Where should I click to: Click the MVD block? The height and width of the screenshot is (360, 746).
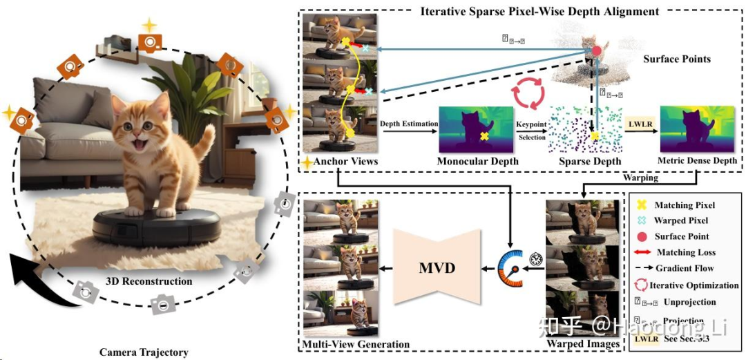(x=437, y=267)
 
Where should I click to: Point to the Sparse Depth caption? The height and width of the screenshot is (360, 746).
(x=584, y=162)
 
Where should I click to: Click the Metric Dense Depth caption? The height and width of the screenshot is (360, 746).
(x=697, y=162)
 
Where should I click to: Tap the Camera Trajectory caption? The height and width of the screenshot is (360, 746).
(x=144, y=352)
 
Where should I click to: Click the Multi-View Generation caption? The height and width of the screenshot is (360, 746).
(x=356, y=344)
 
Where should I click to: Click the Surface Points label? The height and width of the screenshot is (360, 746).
(x=676, y=59)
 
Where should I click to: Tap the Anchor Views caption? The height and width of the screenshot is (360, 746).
(x=345, y=162)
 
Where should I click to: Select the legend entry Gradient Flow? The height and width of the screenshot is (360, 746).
(x=685, y=269)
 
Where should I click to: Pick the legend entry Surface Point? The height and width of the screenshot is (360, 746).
(x=684, y=236)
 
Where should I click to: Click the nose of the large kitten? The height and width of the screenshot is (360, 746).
(x=135, y=135)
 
